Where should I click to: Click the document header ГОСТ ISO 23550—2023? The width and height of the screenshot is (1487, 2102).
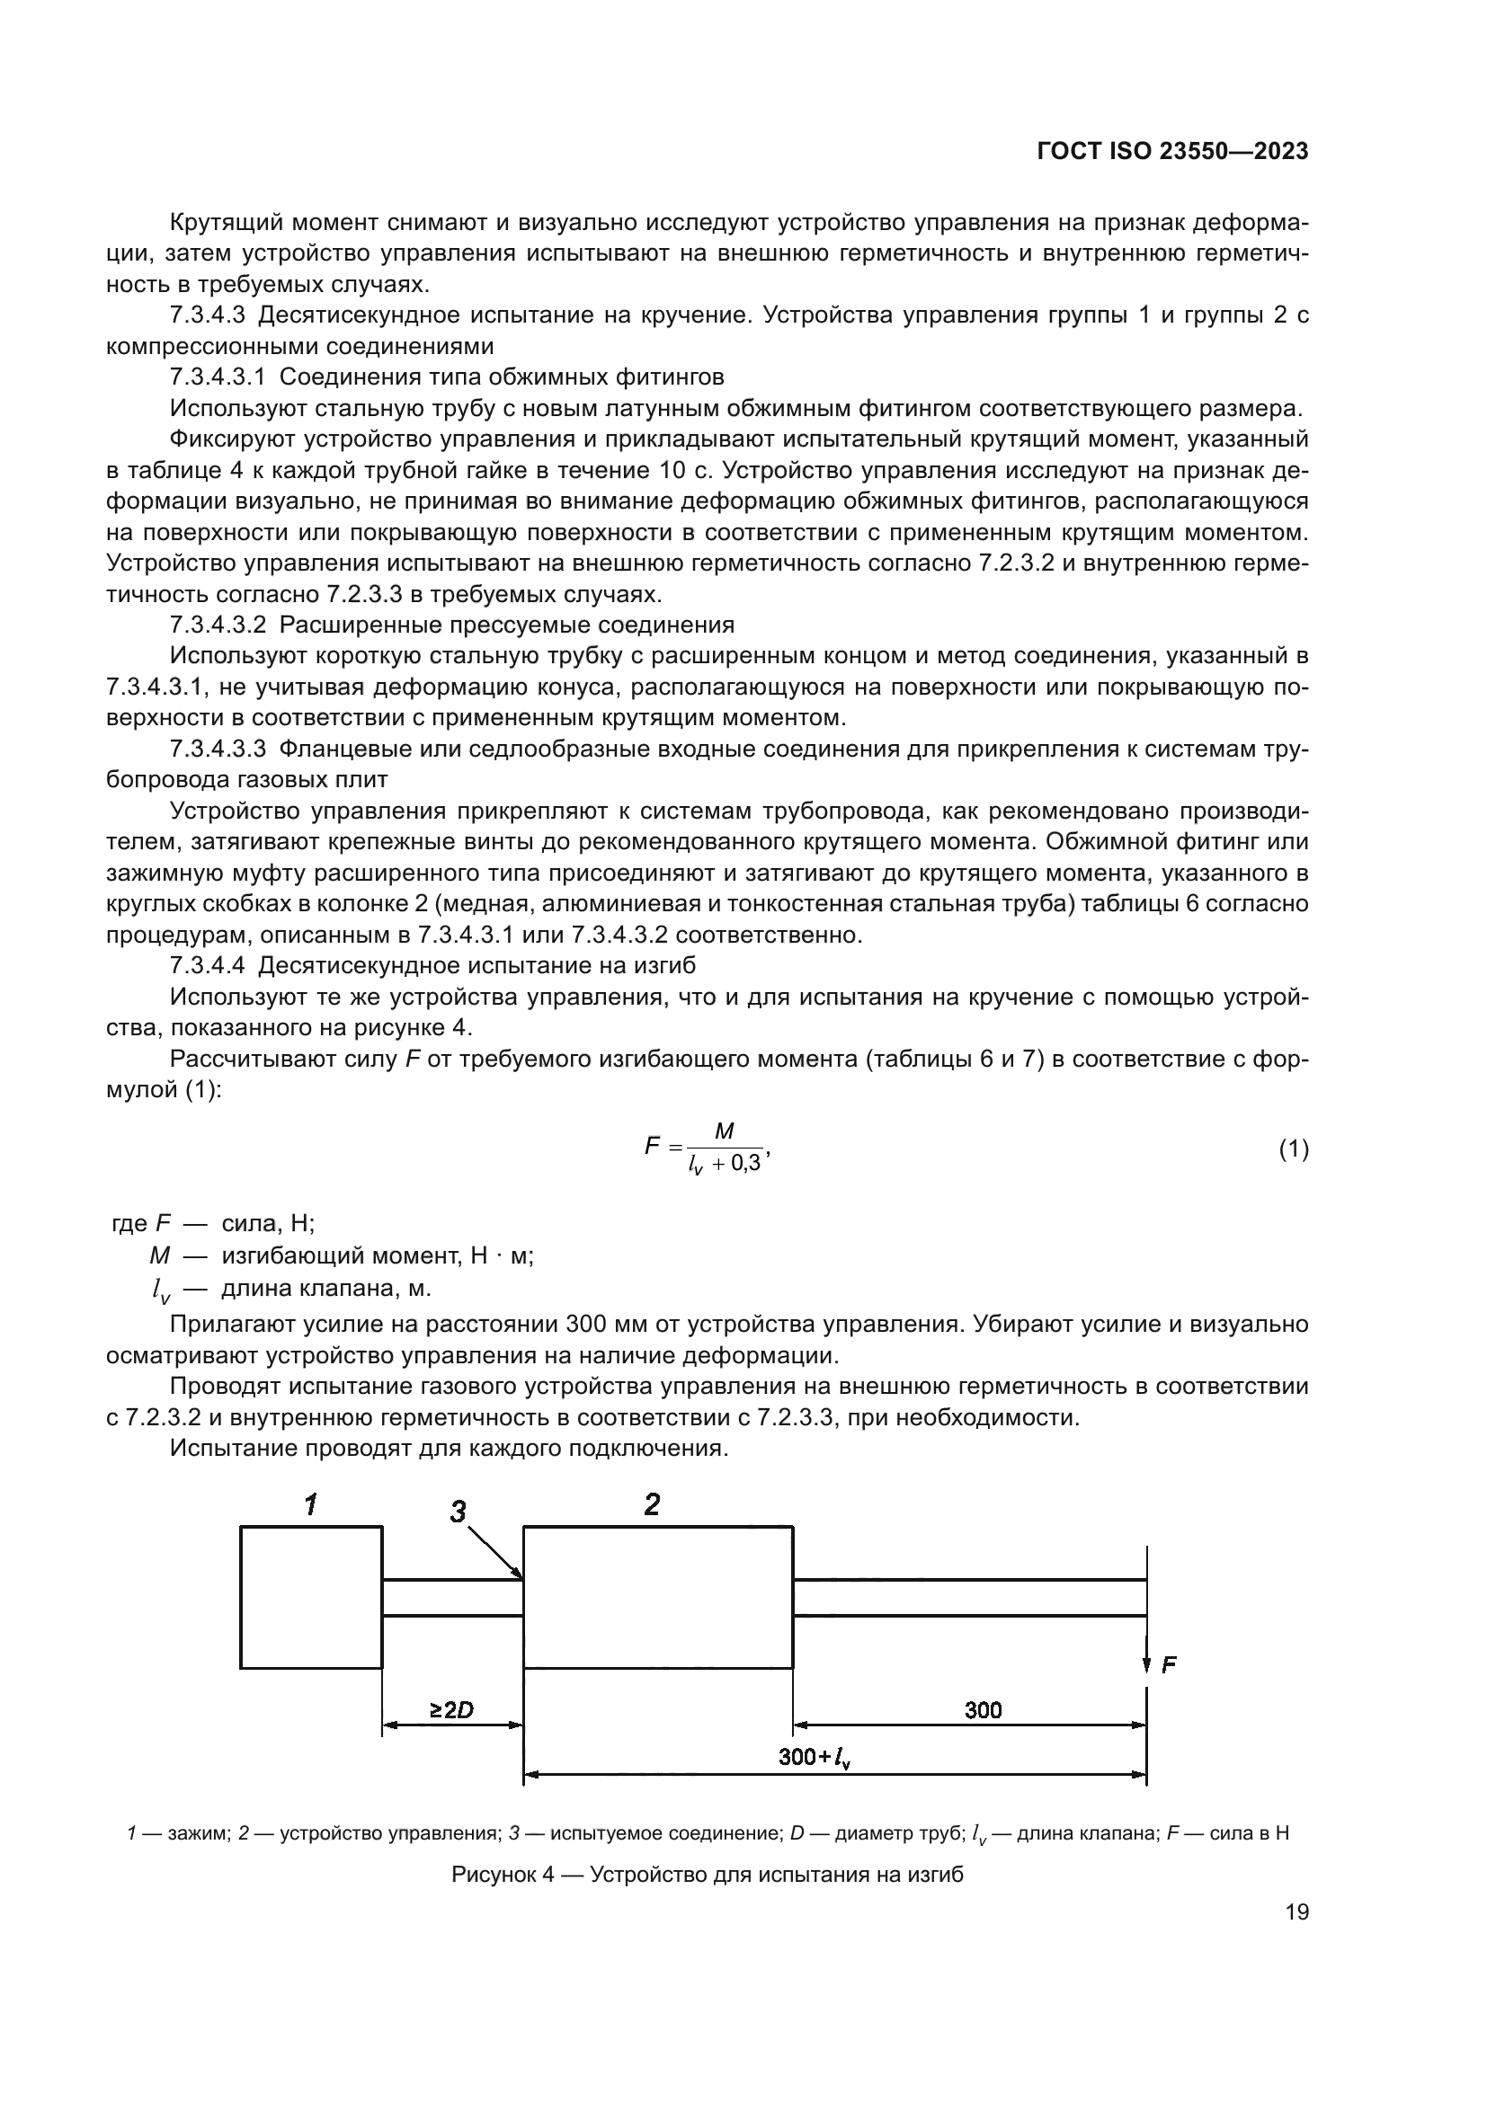click(1172, 151)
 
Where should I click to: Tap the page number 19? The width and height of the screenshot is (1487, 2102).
click(1296, 1911)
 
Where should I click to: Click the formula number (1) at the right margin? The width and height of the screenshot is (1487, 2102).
click(1293, 1149)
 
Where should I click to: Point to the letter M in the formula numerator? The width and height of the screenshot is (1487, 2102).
click(724, 1131)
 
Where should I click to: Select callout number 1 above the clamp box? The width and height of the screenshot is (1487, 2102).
click(311, 1504)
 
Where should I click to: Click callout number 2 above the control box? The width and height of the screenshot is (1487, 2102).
click(652, 1504)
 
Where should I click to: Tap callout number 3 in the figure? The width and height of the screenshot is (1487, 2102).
click(459, 1512)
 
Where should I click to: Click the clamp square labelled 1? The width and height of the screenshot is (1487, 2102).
click(311, 1597)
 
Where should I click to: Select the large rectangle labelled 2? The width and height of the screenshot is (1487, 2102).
click(657, 1597)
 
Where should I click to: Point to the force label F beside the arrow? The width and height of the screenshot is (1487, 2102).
click(1169, 1665)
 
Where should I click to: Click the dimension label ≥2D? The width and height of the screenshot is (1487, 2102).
click(451, 1709)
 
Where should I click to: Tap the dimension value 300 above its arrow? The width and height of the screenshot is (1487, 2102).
click(983, 1709)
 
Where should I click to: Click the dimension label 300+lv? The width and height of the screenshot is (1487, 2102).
click(814, 1757)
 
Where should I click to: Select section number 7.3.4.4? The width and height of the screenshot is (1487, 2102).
click(208, 966)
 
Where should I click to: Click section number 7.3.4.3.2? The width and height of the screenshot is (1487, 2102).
click(218, 625)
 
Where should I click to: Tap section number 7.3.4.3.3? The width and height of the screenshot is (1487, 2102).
click(218, 749)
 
